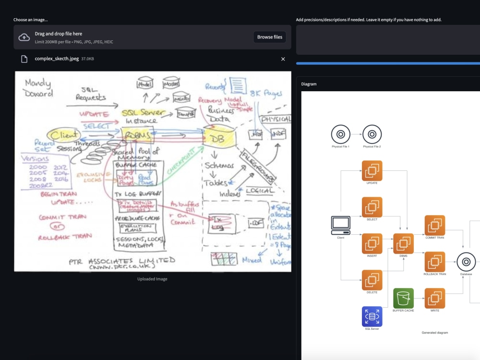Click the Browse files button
270,37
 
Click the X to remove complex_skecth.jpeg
283,59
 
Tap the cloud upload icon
24,37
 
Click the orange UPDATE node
372,170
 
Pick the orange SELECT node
372,207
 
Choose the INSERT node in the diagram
372,243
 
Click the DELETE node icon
372,280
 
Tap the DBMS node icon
403,243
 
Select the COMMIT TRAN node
435,225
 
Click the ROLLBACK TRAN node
435,262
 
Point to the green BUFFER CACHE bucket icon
403,298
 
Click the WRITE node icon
435,298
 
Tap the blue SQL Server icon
372,316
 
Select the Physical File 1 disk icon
341,134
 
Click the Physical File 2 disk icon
372,134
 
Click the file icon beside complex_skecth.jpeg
24,59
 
